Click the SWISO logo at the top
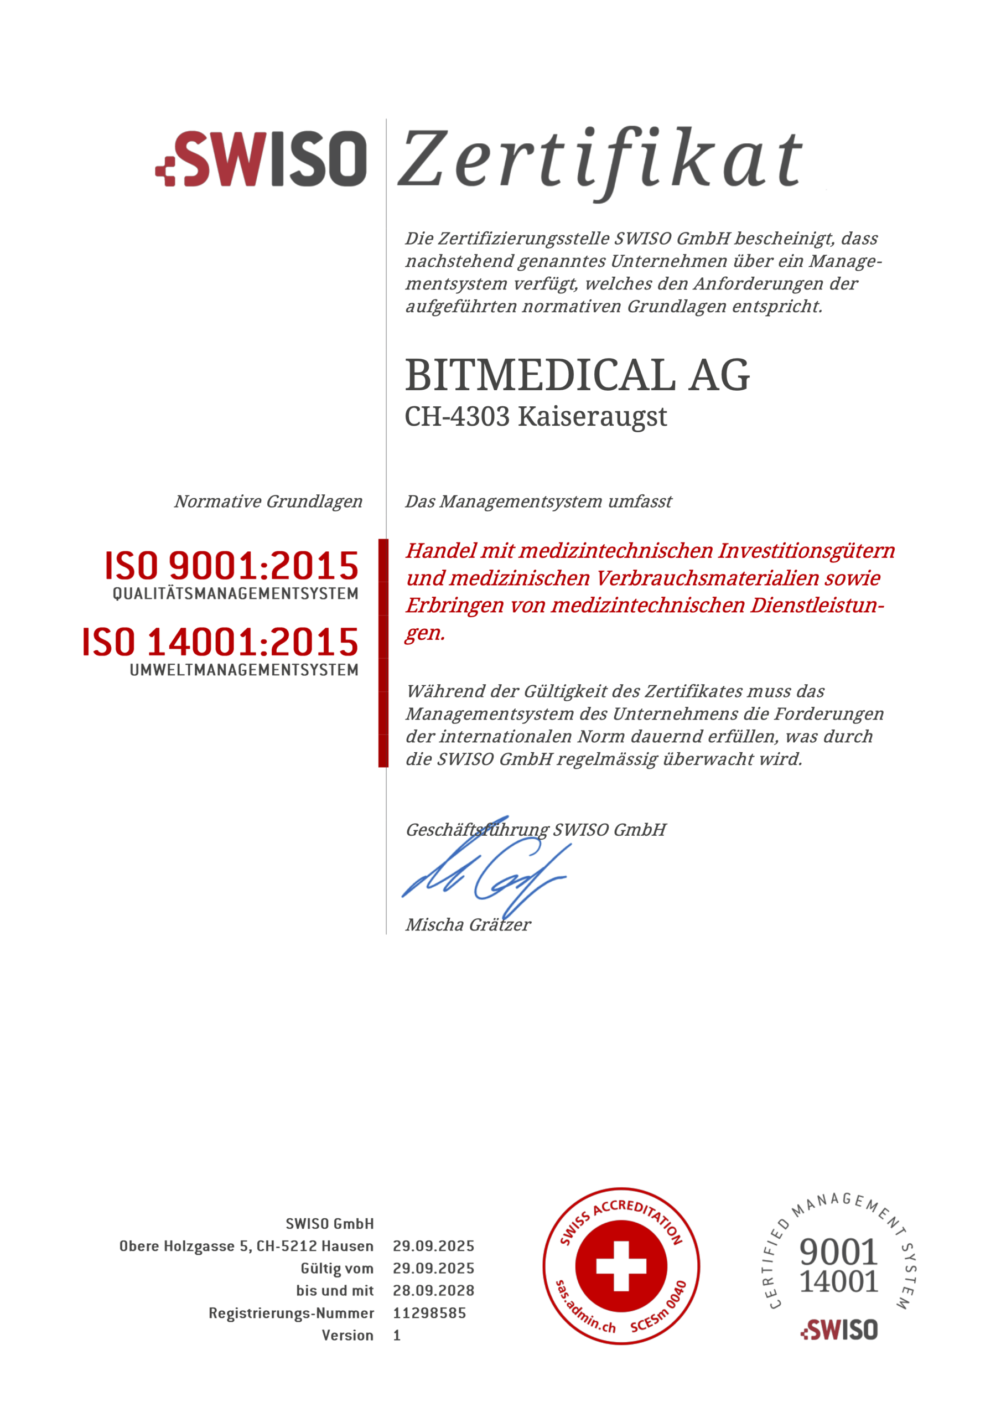[262, 159]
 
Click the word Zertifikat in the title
[600, 159]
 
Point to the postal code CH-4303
[457, 417]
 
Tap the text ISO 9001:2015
[231, 565]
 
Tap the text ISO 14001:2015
[220, 642]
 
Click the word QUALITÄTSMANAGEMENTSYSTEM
[235, 594]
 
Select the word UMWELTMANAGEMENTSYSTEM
[244, 670]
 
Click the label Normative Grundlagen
[268, 501]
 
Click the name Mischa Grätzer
[468, 924]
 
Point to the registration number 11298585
[429, 1313]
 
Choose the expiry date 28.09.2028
[433, 1291]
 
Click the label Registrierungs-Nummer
[291, 1313]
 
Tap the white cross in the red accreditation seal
[621, 1266]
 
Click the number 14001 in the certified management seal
[838, 1281]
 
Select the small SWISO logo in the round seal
[839, 1330]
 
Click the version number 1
[397, 1336]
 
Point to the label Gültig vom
[337, 1269]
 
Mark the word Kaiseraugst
[593, 417]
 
